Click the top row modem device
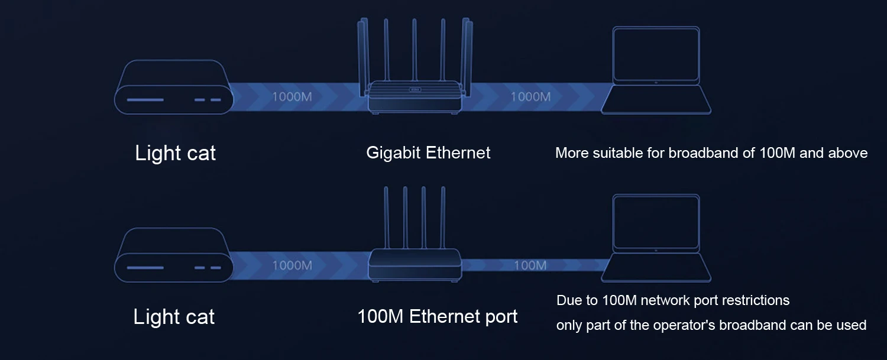coord(173,87)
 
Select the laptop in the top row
coord(656,71)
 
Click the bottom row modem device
coord(173,255)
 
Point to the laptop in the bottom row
coord(656,239)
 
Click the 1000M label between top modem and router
coord(292,96)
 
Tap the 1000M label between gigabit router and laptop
coord(530,96)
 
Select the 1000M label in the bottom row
coord(292,265)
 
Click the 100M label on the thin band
coord(530,265)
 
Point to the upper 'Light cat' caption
coord(175,153)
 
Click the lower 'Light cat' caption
coord(174,317)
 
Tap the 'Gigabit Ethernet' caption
coord(428,153)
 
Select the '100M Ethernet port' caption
coord(437,317)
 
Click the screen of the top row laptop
coord(656,54)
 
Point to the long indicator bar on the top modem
coord(145,99)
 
